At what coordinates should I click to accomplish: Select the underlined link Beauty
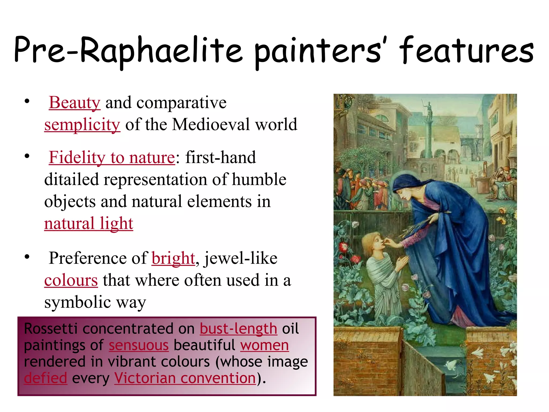point(75,102)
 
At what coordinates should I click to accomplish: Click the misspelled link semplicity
point(82,124)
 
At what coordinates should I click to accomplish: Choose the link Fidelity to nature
point(112,157)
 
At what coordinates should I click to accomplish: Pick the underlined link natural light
point(88,223)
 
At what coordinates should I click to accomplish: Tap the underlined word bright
point(173,258)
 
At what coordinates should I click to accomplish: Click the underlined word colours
point(71,280)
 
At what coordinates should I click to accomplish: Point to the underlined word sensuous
point(139,345)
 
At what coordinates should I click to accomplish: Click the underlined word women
point(264,345)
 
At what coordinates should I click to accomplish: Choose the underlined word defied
point(45,378)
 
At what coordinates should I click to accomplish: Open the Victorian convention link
point(185,378)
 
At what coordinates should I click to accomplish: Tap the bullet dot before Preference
point(27,257)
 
